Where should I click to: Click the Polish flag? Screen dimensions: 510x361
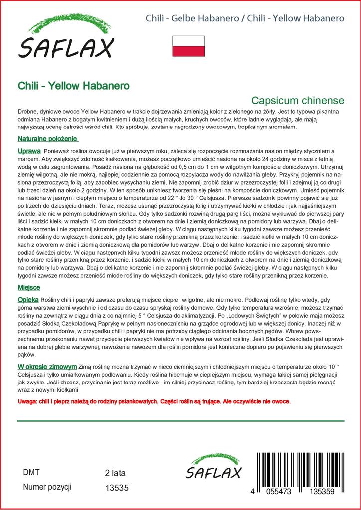(x=188, y=46)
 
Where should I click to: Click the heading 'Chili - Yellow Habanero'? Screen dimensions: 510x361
(x=73, y=86)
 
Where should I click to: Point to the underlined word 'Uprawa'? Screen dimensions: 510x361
(x=29, y=150)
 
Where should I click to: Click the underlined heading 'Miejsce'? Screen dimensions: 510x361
(x=29, y=288)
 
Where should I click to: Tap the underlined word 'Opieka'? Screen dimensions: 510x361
(x=28, y=300)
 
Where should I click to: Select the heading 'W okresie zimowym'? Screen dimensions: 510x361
(x=47, y=366)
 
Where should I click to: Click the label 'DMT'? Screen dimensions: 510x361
(x=31, y=472)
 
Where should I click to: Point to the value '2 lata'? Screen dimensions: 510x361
(x=115, y=473)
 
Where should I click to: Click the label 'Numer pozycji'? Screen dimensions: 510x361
(x=47, y=487)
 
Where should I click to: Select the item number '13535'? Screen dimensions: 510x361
(x=117, y=488)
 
